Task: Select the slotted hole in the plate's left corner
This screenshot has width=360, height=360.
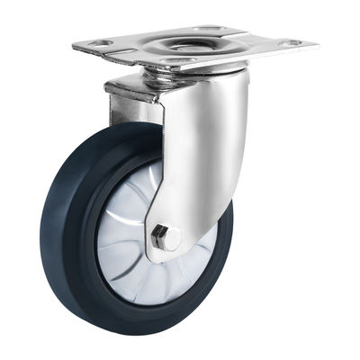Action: click(96, 42)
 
